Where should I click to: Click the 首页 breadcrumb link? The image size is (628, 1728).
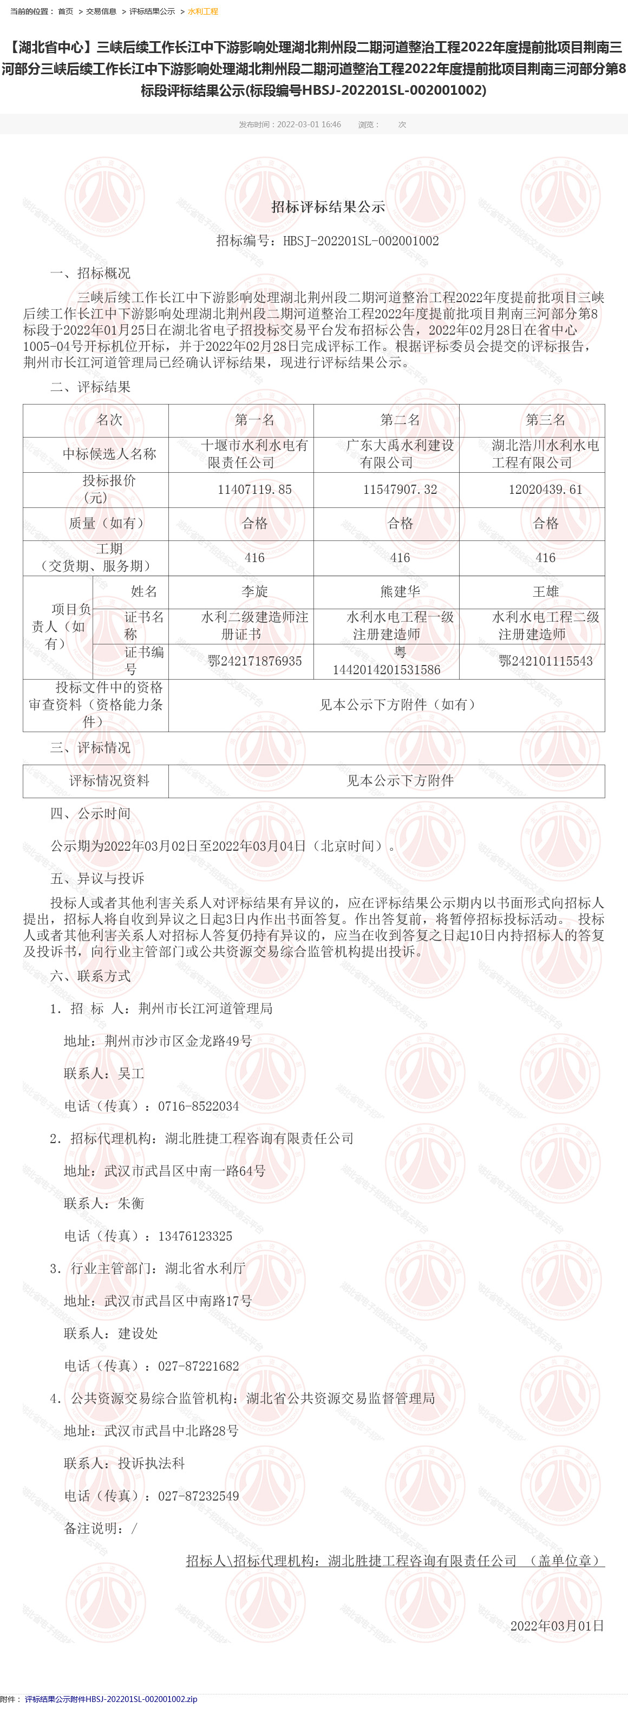click(x=65, y=11)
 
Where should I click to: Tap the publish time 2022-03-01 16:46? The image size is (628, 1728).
click(x=309, y=125)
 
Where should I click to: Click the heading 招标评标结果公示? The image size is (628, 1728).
click(x=328, y=207)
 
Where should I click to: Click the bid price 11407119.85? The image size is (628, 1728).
click(x=254, y=490)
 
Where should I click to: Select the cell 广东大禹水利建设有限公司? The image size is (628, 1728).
click(x=400, y=454)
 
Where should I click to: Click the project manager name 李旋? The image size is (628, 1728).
click(x=254, y=592)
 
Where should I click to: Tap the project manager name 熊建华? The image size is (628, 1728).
click(x=400, y=592)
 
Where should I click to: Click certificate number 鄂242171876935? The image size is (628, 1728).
click(x=254, y=661)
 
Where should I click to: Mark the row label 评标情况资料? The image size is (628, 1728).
click(x=109, y=781)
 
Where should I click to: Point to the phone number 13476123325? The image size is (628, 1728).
click(x=195, y=1236)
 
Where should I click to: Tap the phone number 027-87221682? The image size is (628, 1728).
click(x=199, y=1366)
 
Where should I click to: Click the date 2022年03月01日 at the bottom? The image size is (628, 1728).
click(x=557, y=1626)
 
